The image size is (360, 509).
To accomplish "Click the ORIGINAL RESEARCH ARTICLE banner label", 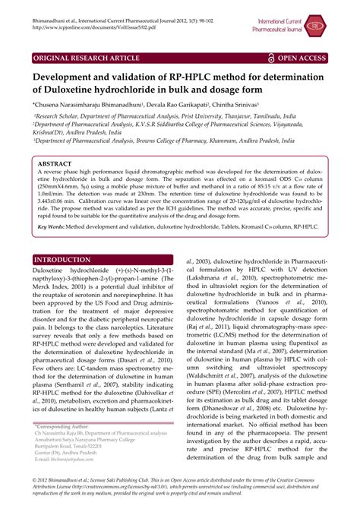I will coord(82,57).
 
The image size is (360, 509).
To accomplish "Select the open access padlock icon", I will coord(271,57).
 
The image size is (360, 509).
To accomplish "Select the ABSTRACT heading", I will coord(58,163).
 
